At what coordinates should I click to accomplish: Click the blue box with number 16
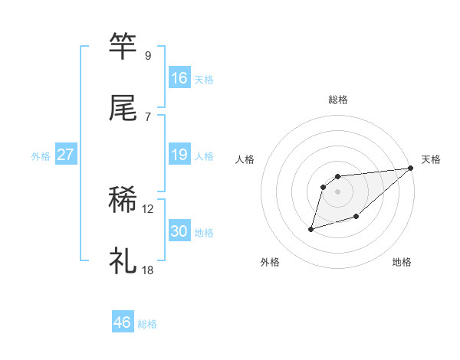coord(179,78)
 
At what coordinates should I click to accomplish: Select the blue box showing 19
coord(179,155)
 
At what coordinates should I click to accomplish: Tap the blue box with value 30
coord(179,231)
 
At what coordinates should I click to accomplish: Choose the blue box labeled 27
coord(66,155)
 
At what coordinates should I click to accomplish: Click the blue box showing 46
coord(123,322)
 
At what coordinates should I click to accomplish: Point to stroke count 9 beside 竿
coord(148,56)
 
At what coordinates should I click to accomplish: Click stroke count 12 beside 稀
coord(148,209)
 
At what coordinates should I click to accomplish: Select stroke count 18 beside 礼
coord(148,270)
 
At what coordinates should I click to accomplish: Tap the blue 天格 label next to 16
coord(204,80)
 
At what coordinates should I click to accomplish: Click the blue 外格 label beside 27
coord(41,156)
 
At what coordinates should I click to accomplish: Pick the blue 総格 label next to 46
coord(147,324)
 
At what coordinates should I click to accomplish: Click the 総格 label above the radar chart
coord(337,100)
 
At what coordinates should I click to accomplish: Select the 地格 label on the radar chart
coord(402,262)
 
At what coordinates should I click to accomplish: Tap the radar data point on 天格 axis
coord(411,168)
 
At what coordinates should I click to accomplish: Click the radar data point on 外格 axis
coord(311,228)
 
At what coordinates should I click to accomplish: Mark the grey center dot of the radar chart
coord(337,191)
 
